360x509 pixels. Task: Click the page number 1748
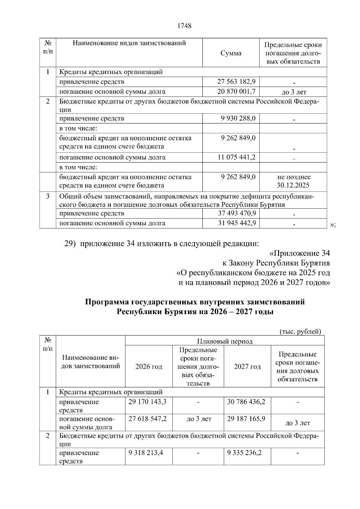[184, 26]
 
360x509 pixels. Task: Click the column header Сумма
[231, 53]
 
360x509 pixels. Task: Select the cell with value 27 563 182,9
[236, 82]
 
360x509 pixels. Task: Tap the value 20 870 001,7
[236, 91]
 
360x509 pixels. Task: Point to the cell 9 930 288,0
[238, 118]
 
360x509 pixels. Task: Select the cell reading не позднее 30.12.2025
[293, 181]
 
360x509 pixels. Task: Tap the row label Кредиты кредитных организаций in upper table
[111, 72]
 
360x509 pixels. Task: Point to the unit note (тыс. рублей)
[300, 332]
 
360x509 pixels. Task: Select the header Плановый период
[224, 341]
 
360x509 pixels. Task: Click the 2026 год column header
[148, 367]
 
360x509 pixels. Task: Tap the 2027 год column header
[247, 367]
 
